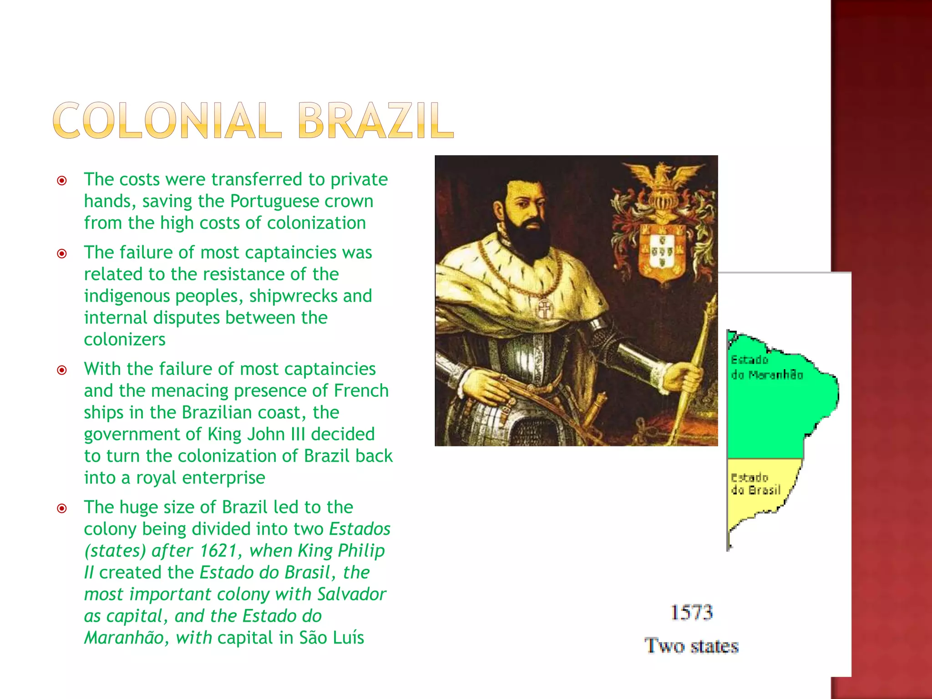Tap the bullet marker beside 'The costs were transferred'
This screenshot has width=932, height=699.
click(x=62, y=181)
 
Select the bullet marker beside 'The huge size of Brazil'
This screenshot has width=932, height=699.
click(x=62, y=508)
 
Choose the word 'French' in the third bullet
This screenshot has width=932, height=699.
click(x=361, y=391)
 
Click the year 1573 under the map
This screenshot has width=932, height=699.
click(x=692, y=613)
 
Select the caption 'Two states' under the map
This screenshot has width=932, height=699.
click(x=692, y=646)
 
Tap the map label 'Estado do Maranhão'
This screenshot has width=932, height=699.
click(x=766, y=368)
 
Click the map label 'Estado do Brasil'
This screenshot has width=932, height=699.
click(x=755, y=484)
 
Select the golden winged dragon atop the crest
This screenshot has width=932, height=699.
click(x=662, y=175)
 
